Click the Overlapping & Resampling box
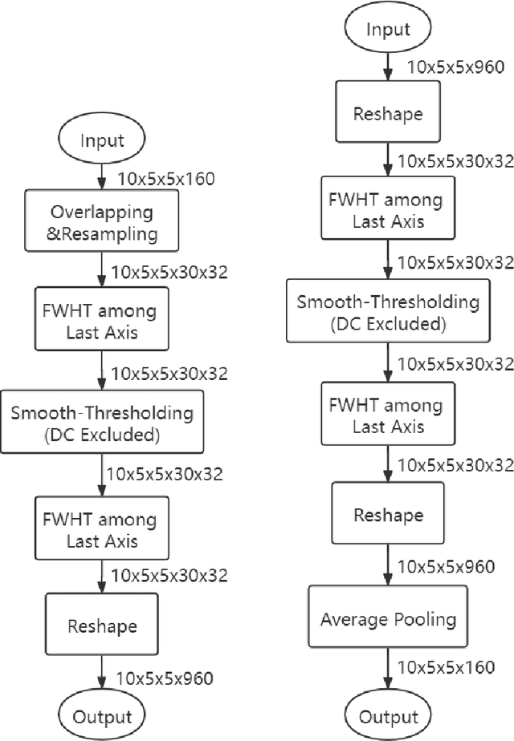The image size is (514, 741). click(102, 224)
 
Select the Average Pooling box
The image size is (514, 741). click(388, 619)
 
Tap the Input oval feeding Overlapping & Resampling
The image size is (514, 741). click(102, 141)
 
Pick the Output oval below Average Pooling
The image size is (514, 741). click(388, 715)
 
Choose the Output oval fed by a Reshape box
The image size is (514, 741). click(102, 715)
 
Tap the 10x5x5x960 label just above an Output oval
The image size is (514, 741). click(165, 678)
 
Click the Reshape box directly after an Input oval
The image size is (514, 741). click(388, 112)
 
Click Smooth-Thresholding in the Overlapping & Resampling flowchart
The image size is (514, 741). click(102, 423)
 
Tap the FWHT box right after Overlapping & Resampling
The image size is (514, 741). click(102, 321)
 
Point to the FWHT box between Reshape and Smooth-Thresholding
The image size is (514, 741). click(388, 210)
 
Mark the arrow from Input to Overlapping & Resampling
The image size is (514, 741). click(102, 176)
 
